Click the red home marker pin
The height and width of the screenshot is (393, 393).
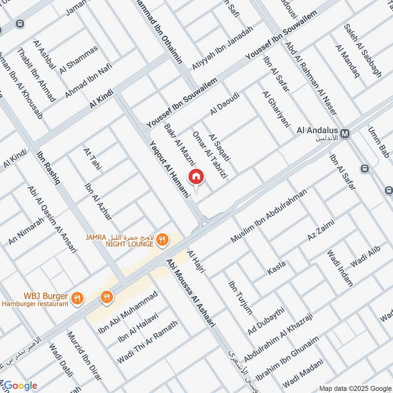[x=196, y=176]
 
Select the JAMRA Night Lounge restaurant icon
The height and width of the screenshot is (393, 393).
[x=163, y=239]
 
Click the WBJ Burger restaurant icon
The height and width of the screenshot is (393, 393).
[x=77, y=297]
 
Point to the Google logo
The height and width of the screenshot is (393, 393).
[x=20, y=386]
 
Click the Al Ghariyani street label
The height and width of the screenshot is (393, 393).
[x=277, y=109]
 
